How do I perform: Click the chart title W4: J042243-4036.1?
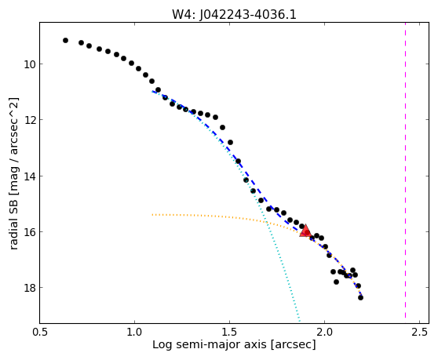[x=234, y=15]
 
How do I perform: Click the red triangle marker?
[x=305, y=231]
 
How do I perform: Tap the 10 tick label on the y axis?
[x=30, y=64]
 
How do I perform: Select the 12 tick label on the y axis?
[x=30, y=120]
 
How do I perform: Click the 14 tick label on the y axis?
[x=30, y=176]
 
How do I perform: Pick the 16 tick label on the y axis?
[x=30, y=232]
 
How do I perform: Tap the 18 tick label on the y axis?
[x=30, y=288]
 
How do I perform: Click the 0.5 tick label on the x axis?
[x=40, y=333]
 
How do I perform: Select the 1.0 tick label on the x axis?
[x=135, y=333]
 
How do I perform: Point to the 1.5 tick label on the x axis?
[x=229, y=333]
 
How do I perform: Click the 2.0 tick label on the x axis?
[x=324, y=333]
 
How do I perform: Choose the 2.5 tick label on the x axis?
[x=420, y=333]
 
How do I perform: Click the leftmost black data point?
[x=65, y=41]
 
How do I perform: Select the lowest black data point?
[x=360, y=298]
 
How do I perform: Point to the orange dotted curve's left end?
[x=152, y=215]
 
